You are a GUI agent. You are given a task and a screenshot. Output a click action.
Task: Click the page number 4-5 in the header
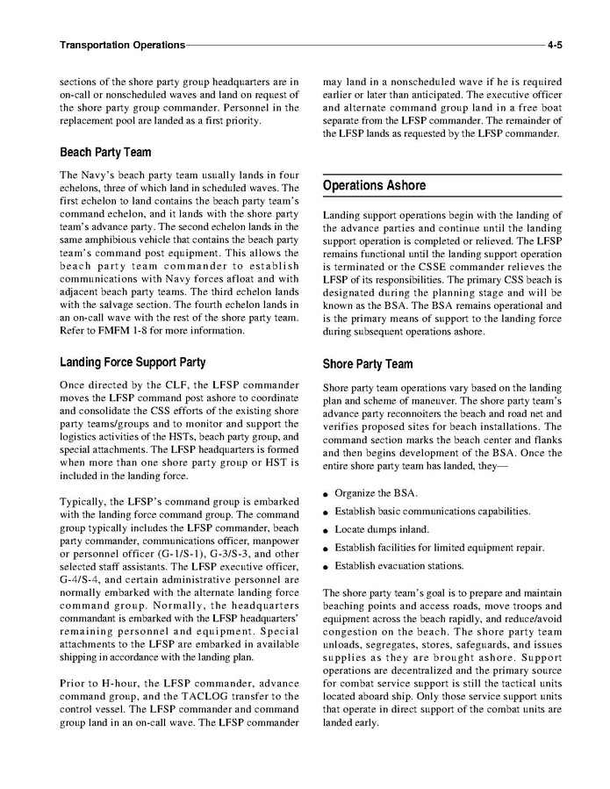(554, 44)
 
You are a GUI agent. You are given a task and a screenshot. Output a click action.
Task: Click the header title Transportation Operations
(122, 44)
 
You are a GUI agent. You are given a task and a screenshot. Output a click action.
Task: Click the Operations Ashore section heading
(374, 186)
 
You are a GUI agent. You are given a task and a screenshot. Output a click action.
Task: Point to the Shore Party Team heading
(367, 364)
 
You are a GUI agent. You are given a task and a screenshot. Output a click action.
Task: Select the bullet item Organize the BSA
(376, 492)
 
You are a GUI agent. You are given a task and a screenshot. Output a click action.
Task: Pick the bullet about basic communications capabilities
(432, 511)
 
